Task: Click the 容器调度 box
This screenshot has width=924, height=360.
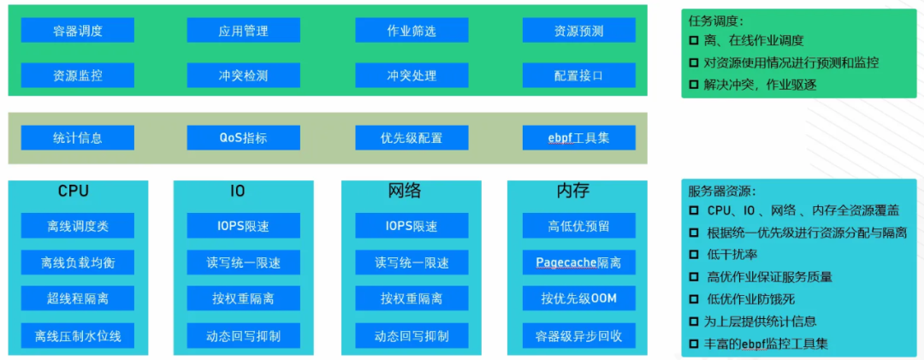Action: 77,31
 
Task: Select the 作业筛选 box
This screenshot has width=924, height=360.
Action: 412,31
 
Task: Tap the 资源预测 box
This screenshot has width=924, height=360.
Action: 578,31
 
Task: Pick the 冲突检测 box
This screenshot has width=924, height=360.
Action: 243,75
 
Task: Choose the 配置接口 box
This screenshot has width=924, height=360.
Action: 578,75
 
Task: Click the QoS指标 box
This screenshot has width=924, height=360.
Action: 243,138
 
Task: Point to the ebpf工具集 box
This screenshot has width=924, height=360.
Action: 578,138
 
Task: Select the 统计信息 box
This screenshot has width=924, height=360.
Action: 77,138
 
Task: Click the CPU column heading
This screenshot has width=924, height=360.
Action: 74,191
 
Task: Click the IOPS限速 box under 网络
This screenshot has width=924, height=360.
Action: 412,227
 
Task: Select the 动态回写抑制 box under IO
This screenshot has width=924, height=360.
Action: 243,336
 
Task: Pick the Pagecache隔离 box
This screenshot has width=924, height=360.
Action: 578,263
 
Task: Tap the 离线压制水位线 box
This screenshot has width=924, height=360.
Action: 77,336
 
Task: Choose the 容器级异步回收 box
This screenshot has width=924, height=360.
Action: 578,336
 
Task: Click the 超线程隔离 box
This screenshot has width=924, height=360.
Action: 77,298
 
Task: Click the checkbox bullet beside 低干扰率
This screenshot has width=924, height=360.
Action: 694,255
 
